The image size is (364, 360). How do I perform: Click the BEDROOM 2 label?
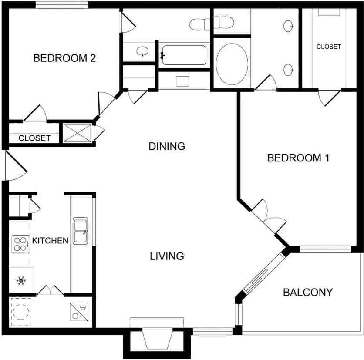(64, 58)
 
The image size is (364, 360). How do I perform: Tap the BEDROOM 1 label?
(298, 158)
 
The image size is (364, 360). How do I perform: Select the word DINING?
(167, 146)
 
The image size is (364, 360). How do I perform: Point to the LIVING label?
(167, 256)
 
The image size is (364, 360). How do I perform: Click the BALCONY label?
(308, 292)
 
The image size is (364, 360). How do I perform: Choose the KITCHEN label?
(50, 241)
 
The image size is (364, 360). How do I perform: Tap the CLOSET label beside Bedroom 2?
(34, 138)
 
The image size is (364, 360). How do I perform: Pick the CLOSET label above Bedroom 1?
(329, 47)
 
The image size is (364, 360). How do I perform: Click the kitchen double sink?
(80, 231)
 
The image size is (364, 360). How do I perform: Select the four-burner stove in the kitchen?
(20, 244)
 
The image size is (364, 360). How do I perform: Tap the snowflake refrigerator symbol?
(21, 281)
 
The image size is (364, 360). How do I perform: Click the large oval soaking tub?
(232, 64)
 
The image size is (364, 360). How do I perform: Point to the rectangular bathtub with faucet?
(184, 55)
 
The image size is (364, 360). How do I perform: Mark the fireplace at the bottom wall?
(157, 338)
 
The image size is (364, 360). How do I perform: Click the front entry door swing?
(15, 165)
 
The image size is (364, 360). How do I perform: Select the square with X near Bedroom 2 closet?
(77, 133)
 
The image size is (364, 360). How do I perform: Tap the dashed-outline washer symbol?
(20, 312)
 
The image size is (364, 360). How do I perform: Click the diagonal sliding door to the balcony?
(263, 273)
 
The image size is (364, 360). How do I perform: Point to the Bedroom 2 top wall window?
(62, 5)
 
